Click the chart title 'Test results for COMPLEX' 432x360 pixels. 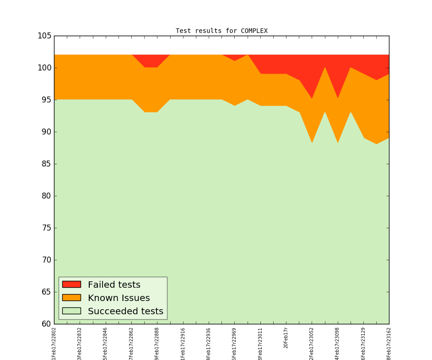point(221,31)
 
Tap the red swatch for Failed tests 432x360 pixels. point(71,285)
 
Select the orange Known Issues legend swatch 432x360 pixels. point(71,298)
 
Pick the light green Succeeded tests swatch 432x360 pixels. point(71,311)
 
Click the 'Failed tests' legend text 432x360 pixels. point(114,285)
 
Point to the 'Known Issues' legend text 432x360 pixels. point(119,298)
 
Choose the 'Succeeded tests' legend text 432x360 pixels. point(125,312)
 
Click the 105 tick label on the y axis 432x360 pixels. point(44,36)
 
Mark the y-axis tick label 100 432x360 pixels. point(44,68)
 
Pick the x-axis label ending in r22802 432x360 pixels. point(54,344)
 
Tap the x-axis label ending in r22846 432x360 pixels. point(106,344)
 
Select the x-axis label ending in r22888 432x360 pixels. point(157,344)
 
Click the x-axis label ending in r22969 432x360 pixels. point(235,344)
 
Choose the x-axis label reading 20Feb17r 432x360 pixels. point(286,338)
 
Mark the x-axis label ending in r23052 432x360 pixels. point(312,344)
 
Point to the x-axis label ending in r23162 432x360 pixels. point(389,344)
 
